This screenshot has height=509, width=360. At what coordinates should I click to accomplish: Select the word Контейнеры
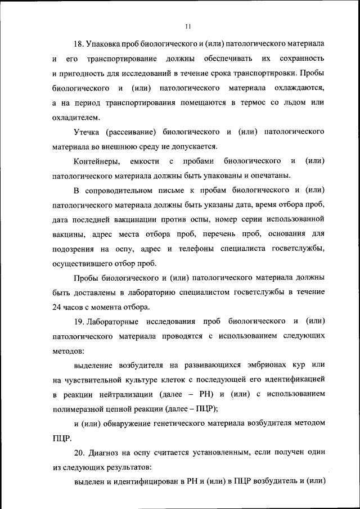click(97, 161)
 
